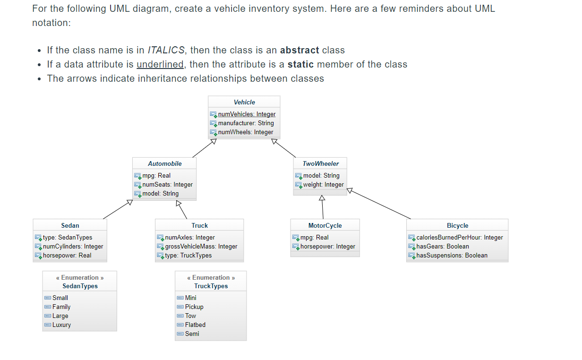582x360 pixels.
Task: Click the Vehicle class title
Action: tap(244, 102)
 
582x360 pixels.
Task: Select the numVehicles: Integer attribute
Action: tap(247, 114)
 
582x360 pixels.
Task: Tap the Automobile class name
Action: tap(164, 163)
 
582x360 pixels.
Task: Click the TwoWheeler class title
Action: tap(320, 163)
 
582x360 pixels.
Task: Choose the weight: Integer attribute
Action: tap(323, 184)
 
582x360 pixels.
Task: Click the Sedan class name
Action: tap(70, 225)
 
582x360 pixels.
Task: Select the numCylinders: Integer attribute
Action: tap(73, 246)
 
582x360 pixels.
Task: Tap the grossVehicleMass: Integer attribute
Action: tap(201, 246)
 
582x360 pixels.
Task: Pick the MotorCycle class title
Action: tap(325, 225)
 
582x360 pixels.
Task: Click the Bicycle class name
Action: tap(457, 225)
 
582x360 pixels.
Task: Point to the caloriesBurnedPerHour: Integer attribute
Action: tap(459, 237)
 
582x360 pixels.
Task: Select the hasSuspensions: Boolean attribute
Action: tap(452, 255)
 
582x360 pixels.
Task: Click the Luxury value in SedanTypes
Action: tap(61, 325)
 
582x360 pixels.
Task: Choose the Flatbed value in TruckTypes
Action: tap(195, 325)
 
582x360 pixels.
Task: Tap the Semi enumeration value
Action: tap(192, 334)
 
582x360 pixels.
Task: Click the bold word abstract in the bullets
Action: tap(299, 50)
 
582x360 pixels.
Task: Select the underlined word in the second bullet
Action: tap(160, 64)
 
